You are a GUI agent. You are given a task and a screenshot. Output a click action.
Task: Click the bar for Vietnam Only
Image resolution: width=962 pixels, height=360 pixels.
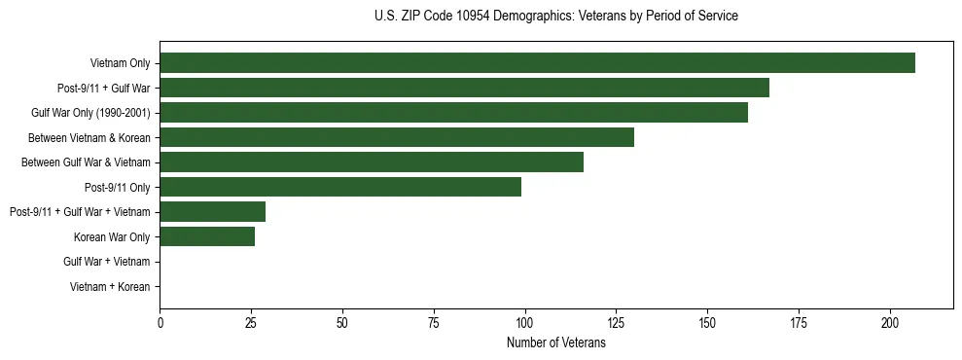537,63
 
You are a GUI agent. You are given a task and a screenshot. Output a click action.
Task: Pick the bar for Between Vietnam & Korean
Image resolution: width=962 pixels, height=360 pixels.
397,137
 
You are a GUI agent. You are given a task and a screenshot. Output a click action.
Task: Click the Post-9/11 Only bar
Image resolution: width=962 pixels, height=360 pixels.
340,187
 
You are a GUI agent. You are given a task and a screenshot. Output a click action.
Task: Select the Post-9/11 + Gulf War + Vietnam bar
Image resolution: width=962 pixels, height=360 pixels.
212,212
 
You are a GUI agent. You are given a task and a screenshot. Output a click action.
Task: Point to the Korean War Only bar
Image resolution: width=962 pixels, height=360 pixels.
207,236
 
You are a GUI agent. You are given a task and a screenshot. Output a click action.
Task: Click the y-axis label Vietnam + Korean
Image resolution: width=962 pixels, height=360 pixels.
110,287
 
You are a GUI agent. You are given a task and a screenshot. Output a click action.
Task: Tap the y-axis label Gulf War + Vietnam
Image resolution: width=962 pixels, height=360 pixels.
106,262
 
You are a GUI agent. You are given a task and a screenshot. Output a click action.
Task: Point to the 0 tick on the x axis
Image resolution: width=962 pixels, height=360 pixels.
160,322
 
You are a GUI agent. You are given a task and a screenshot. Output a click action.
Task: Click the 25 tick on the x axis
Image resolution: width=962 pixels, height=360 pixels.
251,322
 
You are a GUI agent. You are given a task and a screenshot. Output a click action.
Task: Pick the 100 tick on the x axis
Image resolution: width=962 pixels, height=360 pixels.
524,322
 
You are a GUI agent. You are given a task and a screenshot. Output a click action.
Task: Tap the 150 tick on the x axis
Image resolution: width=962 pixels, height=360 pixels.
707,322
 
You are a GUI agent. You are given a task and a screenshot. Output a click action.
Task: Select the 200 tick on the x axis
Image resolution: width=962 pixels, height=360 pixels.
890,322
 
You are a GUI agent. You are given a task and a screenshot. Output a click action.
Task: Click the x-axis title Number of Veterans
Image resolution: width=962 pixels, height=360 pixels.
555,343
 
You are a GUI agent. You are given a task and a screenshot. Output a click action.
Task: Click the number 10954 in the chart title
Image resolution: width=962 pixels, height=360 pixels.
472,17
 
